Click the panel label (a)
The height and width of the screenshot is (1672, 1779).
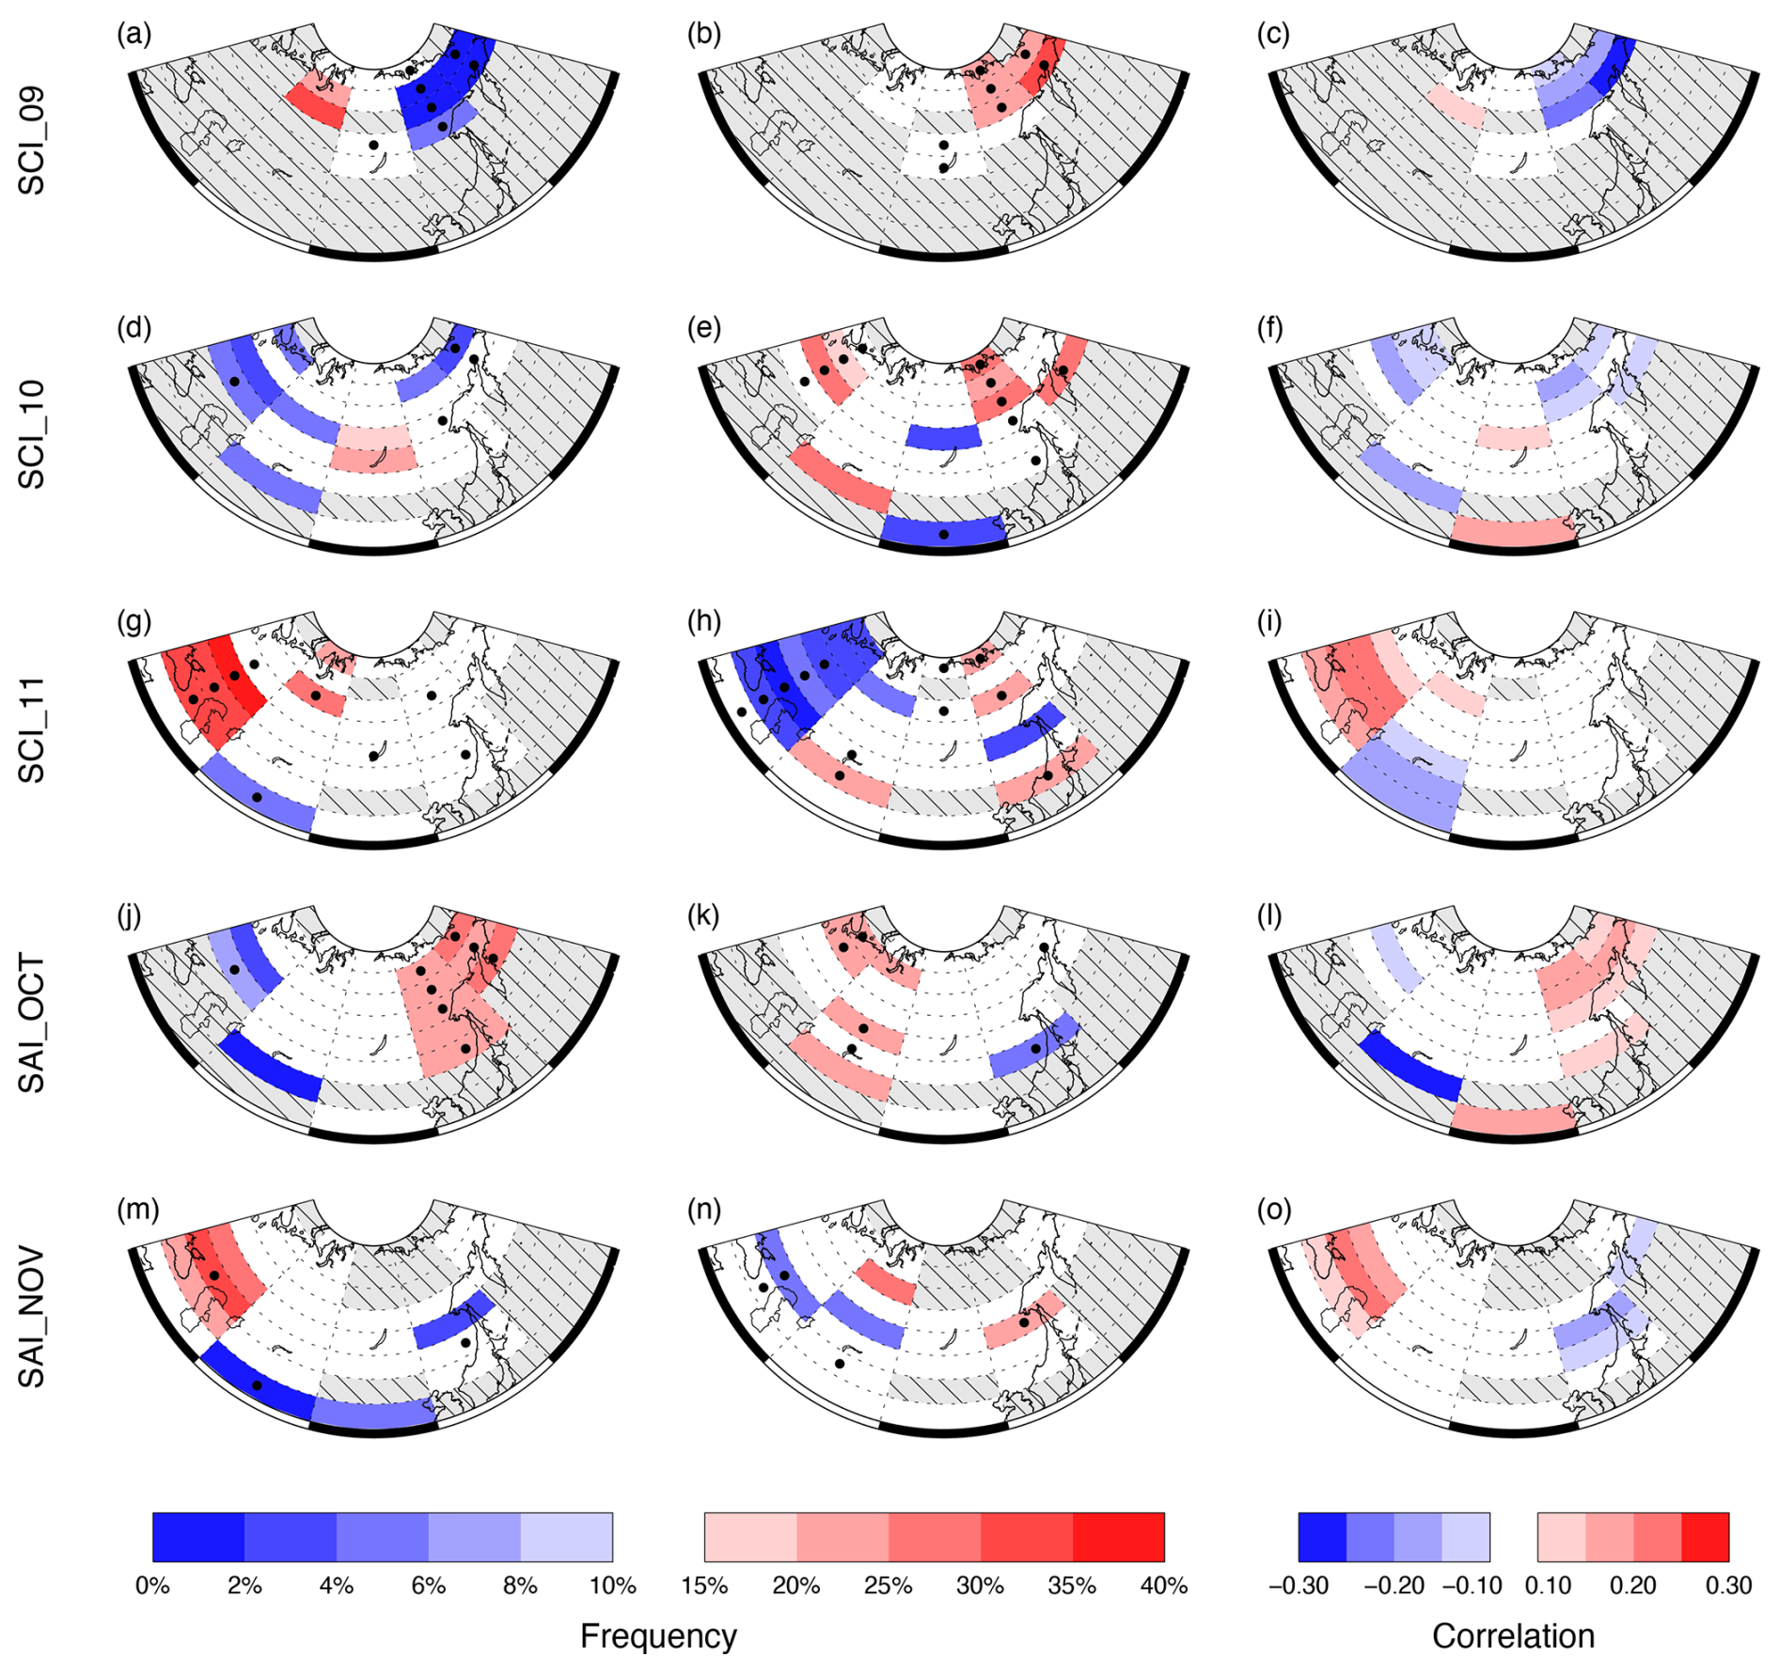click(134, 35)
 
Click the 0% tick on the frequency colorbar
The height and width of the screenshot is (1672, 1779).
click(152, 1586)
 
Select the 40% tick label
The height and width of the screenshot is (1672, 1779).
click(1163, 1586)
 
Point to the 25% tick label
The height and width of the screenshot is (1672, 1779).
click(888, 1586)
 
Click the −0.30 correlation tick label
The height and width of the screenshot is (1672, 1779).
click(1299, 1586)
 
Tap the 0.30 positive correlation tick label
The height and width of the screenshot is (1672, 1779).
click(1728, 1586)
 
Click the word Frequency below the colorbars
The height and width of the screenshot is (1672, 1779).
click(658, 1636)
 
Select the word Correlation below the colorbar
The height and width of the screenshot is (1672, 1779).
click(1513, 1636)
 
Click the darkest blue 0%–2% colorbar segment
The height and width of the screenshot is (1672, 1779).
click(198, 1537)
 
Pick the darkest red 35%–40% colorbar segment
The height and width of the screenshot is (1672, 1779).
click(1118, 1537)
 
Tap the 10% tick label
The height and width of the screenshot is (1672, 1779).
click(612, 1586)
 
